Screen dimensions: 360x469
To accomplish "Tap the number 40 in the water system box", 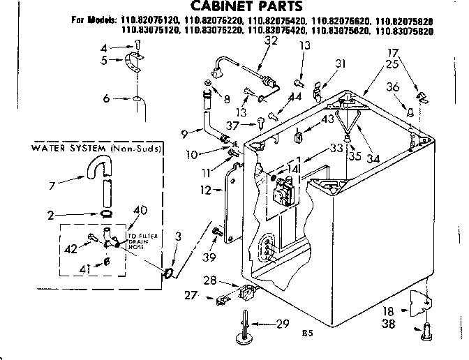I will pos(140,210).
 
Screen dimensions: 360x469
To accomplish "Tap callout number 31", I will pos(341,64).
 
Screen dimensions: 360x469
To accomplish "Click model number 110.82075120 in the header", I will pos(147,22).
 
